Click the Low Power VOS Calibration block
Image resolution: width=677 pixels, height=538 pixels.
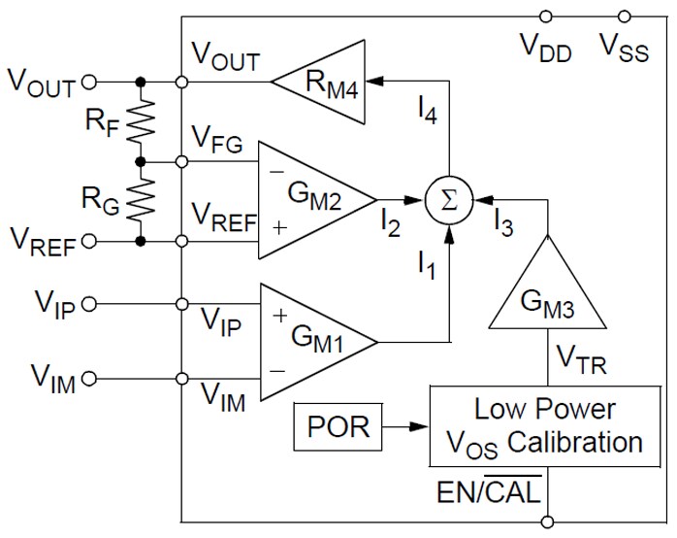[543, 424]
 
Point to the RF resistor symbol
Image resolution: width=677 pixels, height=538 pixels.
[144, 121]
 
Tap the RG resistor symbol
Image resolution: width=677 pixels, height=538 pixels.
[144, 200]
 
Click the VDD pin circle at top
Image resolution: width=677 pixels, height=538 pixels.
[547, 17]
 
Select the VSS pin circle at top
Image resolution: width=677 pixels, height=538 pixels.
[625, 17]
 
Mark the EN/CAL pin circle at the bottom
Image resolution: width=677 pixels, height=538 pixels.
[547, 521]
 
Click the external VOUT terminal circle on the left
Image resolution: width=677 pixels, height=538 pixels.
[90, 83]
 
